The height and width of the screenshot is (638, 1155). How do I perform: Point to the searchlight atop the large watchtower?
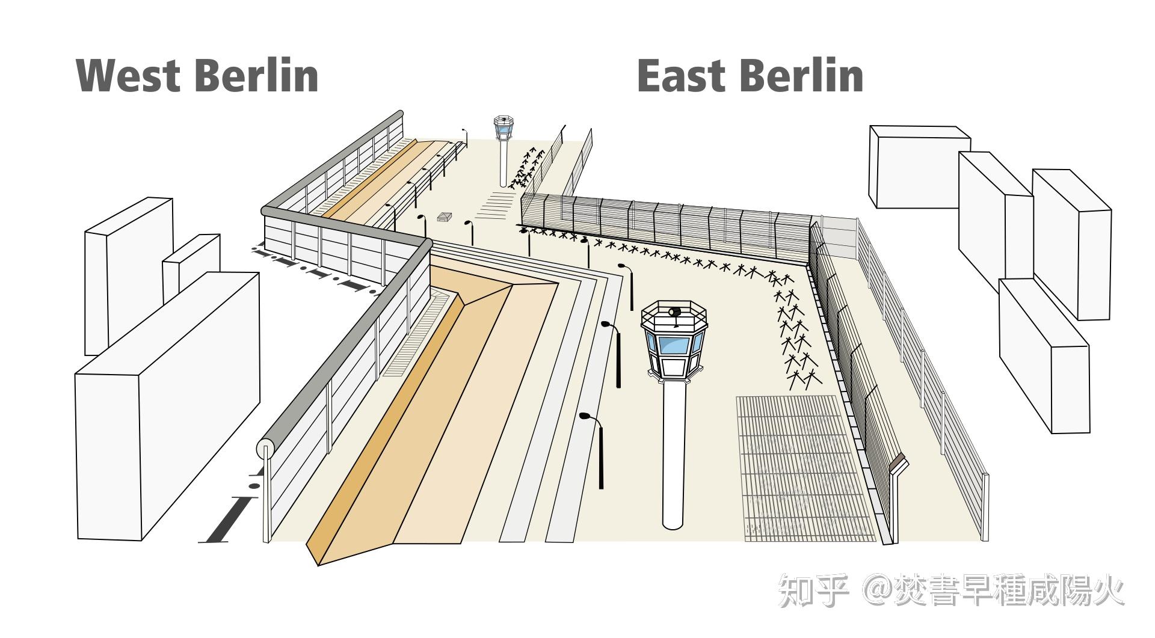[674, 312]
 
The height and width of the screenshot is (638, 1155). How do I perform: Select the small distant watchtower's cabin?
[504, 127]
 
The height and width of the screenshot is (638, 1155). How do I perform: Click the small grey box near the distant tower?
[445, 216]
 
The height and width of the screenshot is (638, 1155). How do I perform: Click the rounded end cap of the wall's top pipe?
[265, 449]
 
